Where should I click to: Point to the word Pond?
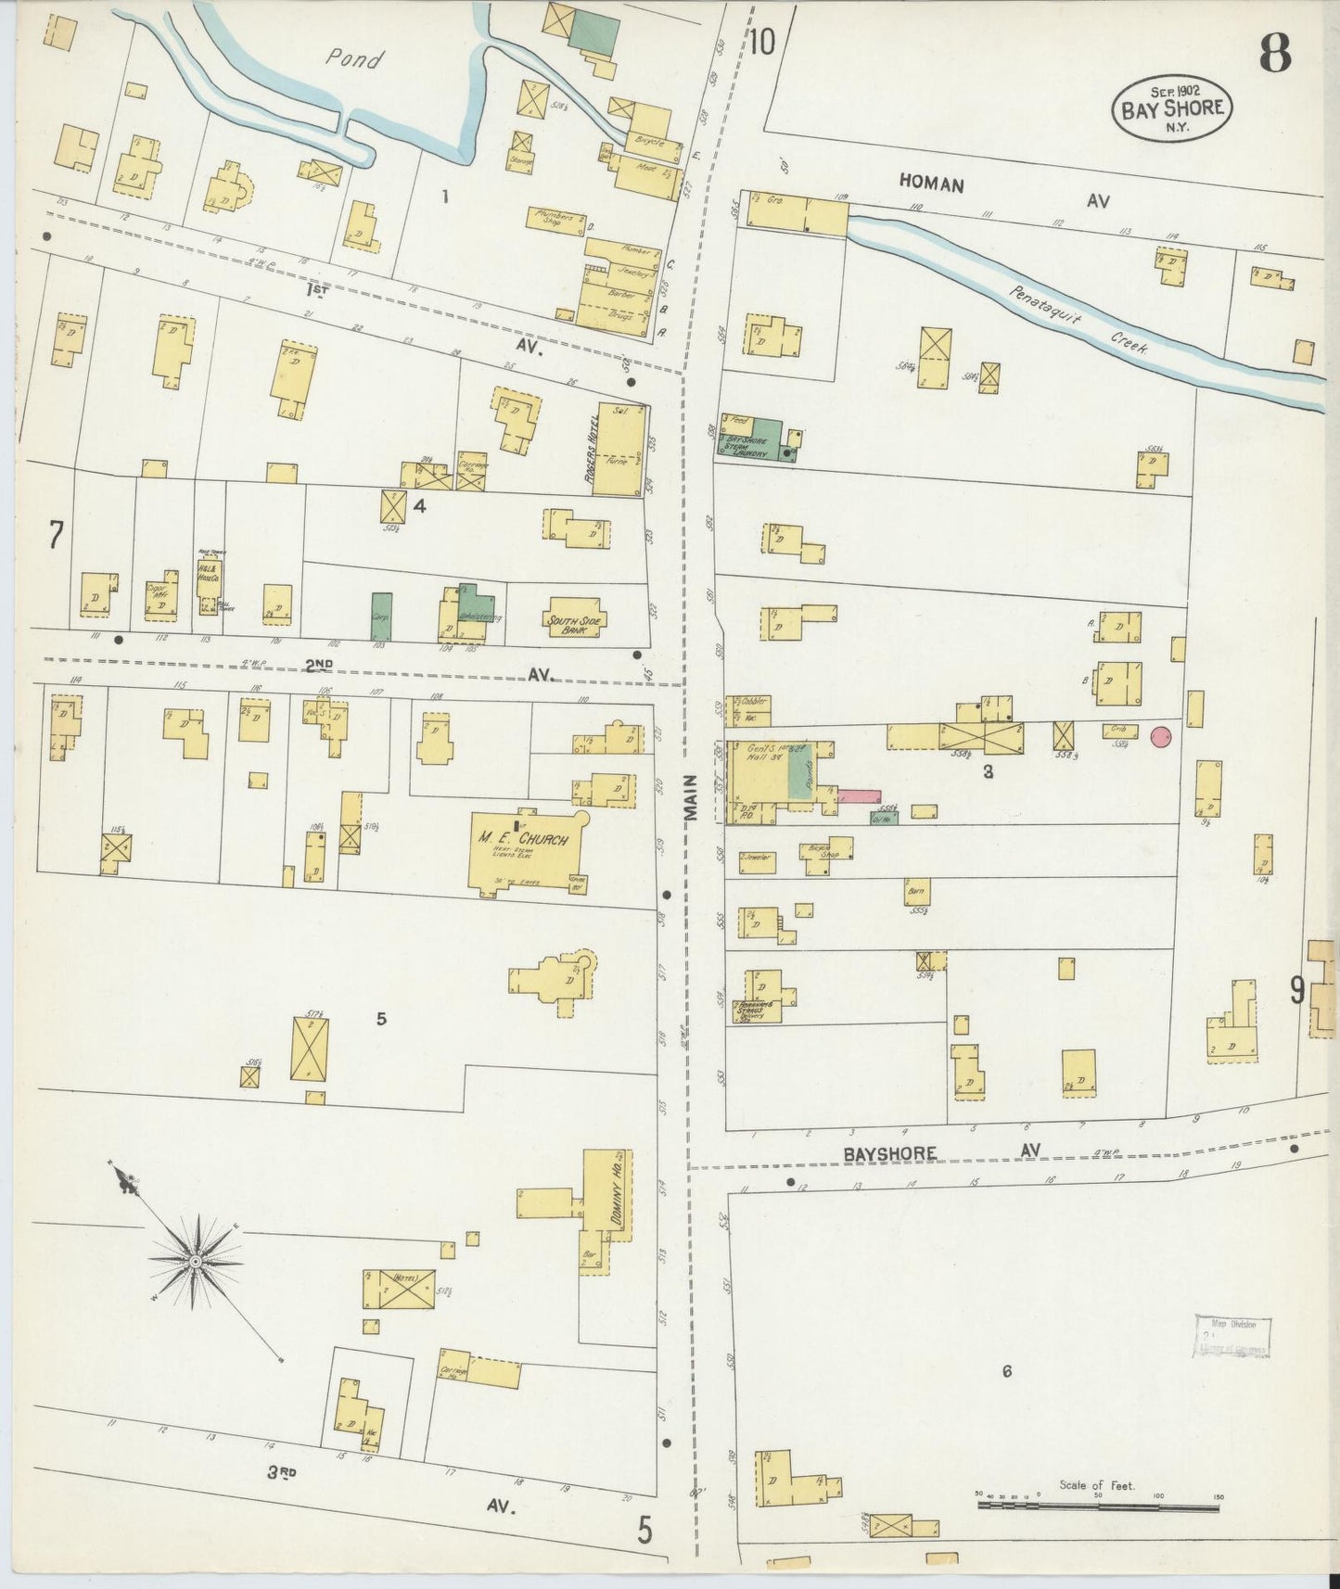pyautogui.click(x=353, y=60)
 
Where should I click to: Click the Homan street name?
pyautogui.click(x=931, y=184)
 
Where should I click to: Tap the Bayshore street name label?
pyautogui.click(x=889, y=1153)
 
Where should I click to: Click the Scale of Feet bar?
pyautogui.click(x=1098, y=1508)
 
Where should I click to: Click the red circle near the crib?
pyautogui.click(x=1160, y=737)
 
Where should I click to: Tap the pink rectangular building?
pyautogui.click(x=859, y=796)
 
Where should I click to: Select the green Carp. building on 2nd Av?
pyautogui.click(x=381, y=617)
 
